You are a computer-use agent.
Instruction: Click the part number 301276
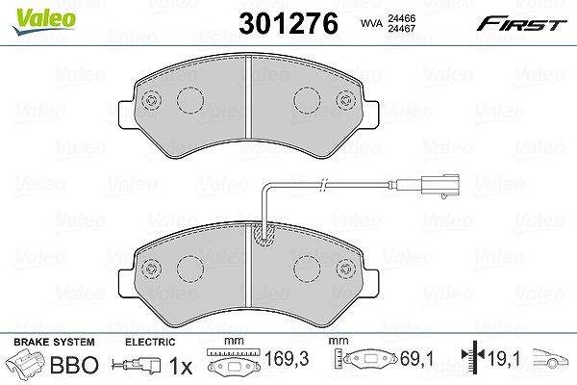tap(288, 23)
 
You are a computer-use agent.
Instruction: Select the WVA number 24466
tap(401, 18)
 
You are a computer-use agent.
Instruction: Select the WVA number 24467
tap(401, 28)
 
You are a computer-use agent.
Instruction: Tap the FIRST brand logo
tap(521, 24)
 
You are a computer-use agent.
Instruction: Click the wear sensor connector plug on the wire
tap(440, 186)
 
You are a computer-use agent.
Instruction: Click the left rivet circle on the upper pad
tap(151, 100)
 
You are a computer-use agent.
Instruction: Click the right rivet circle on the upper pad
tap(345, 99)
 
